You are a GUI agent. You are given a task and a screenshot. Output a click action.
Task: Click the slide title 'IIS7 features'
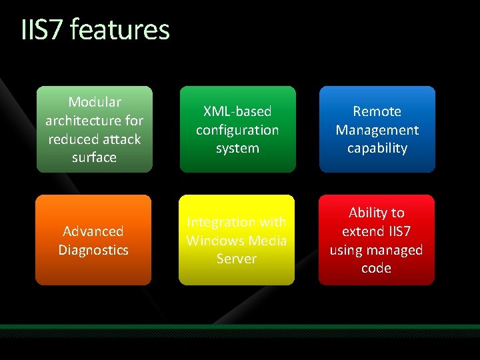point(95,30)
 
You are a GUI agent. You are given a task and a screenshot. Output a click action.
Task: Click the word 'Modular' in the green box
point(94,102)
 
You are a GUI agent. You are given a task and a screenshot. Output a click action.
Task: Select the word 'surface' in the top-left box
point(94,158)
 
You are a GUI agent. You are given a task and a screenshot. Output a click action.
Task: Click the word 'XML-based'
point(237,111)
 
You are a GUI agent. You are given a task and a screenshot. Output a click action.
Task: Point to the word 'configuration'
point(237,130)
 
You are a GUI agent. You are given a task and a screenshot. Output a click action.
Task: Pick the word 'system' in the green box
point(237,148)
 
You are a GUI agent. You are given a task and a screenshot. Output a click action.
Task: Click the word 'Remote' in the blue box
point(377,111)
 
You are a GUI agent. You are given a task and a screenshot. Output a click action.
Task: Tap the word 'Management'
point(377,130)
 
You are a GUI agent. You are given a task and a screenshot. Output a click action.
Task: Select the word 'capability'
point(377,148)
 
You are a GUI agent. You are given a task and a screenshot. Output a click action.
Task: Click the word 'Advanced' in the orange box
point(93,231)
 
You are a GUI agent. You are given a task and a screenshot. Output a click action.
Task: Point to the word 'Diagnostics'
point(93,250)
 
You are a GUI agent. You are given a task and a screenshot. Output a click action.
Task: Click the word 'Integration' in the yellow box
point(219,222)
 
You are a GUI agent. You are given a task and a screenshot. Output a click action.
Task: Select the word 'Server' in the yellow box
point(237,259)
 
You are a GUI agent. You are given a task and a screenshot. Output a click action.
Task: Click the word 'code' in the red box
point(377,268)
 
